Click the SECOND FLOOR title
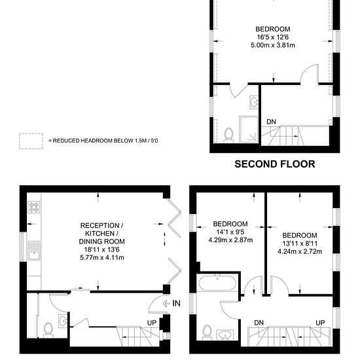point(275,164)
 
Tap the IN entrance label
point(176,304)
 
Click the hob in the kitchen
point(34,207)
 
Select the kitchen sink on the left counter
point(34,251)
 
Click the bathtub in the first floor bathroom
point(217,283)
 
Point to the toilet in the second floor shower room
point(228,135)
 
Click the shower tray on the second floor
point(249,129)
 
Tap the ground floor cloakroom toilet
point(48,330)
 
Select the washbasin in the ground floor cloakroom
point(62,321)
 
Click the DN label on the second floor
point(271,122)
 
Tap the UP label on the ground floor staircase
point(152,323)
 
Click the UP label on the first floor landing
point(320,323)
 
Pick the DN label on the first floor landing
point(259,323)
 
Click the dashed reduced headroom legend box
point(31,141)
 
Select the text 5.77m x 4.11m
point(102,258)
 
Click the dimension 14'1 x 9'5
point(230,232)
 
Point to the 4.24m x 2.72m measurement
point(300,251)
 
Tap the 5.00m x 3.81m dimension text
point(273,45)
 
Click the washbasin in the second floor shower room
point(254,102)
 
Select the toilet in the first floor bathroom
point(207,333)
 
